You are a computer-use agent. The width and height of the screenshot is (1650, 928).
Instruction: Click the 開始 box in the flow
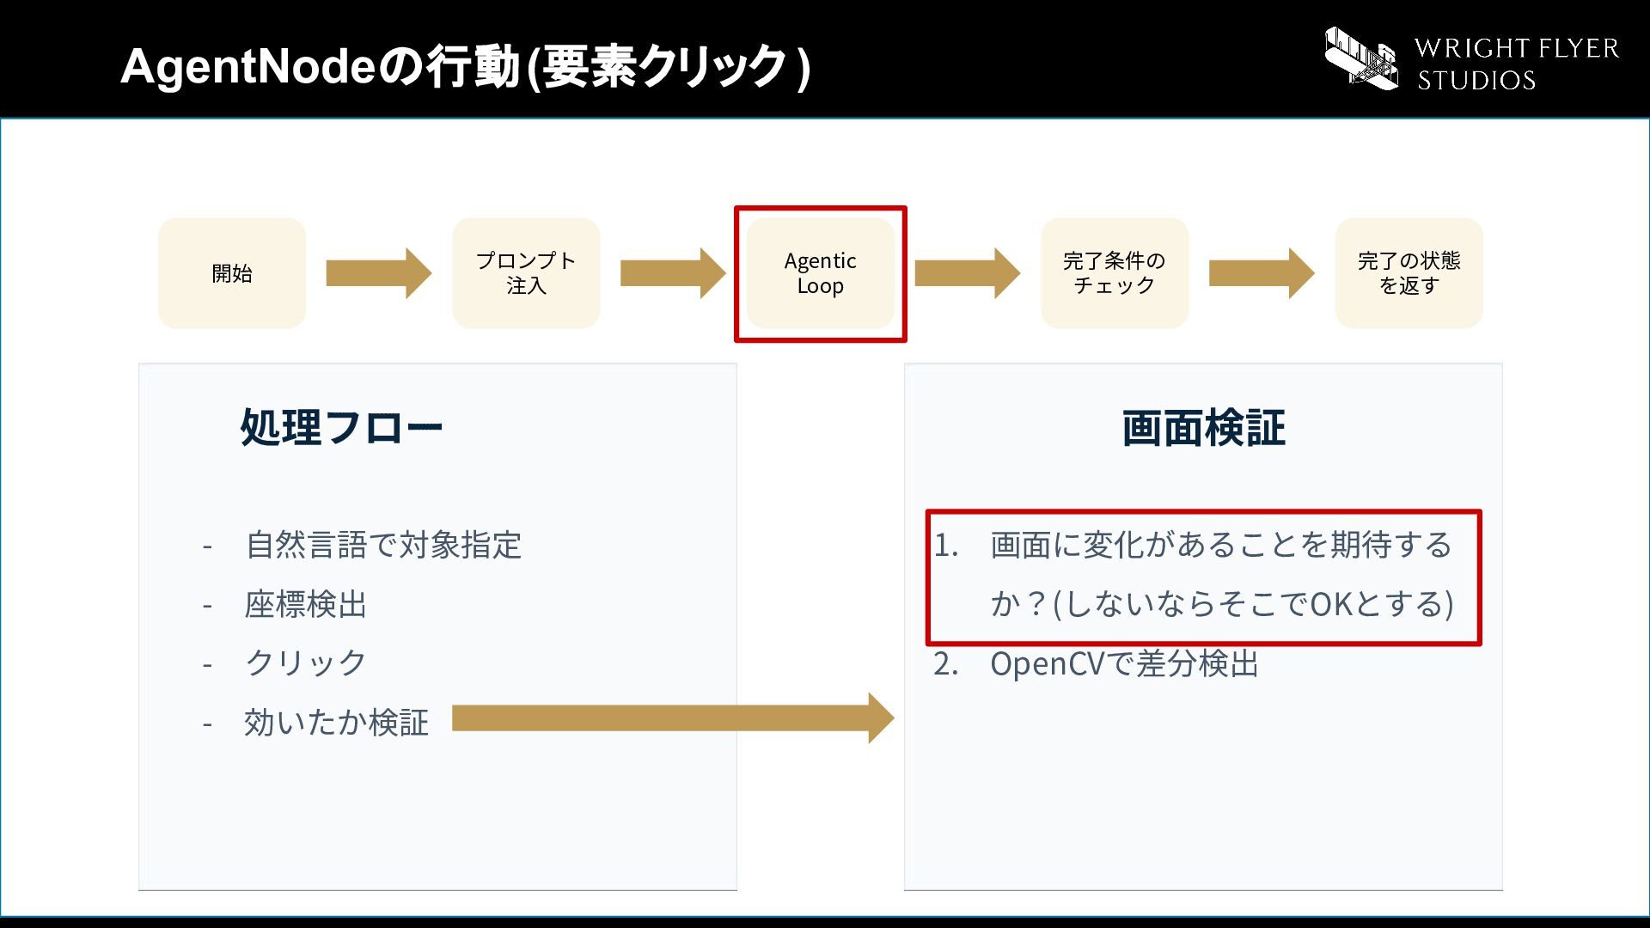[232, 273]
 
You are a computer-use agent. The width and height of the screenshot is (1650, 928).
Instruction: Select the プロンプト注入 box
[526, 273]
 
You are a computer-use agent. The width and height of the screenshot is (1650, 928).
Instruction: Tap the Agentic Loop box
[821, 273]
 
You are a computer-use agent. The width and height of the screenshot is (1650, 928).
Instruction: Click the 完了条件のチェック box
[1115, 273]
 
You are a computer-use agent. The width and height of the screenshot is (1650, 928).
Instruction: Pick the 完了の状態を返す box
[1409, 273]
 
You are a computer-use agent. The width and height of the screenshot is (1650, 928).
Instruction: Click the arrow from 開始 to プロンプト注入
[379, 273]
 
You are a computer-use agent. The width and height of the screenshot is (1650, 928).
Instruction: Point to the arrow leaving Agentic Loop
[968, 273]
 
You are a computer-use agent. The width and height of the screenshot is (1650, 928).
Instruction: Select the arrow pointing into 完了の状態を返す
[1262, 273]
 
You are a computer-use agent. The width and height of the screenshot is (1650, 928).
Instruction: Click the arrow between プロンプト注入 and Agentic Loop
[673, 273]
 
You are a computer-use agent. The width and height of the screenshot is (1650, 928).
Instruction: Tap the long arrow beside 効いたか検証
[673, 718]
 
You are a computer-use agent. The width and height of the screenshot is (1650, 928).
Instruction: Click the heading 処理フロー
[341, 427]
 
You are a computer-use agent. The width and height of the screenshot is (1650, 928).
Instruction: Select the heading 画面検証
[1203, 428]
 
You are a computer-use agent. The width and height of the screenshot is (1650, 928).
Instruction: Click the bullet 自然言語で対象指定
[383, 545]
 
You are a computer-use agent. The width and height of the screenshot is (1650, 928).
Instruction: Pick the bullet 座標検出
[306, 604]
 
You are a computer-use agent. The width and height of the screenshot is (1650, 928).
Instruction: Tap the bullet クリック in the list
[306, 662]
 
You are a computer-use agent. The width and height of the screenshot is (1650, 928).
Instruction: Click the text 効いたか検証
[337, 723]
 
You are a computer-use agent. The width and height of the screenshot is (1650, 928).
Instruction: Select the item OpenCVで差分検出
[1124, 664]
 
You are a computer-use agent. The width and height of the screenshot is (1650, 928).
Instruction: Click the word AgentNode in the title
[248, 66]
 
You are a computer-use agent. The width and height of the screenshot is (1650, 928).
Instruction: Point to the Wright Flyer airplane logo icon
[1361, 58]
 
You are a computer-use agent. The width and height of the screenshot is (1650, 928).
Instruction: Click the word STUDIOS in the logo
[1476, 81]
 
